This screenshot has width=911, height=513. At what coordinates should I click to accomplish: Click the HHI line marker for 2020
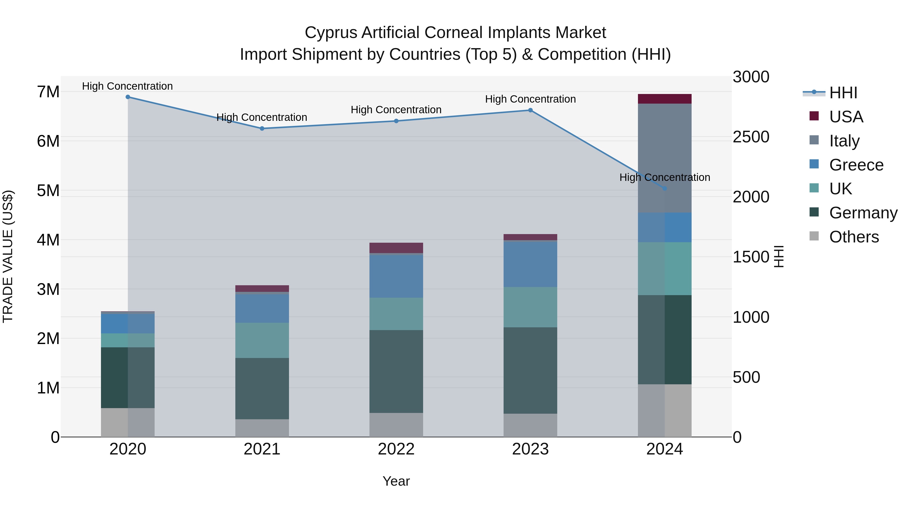tap(128, 97)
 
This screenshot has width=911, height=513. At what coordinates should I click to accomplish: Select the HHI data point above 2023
tap(530, 110)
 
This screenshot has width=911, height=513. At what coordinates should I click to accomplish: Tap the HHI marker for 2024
tap(665, 189)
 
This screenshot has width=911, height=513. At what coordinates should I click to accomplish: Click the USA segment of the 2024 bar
tap(665, 99)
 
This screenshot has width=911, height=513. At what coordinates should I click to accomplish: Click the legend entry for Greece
tap(856, 165)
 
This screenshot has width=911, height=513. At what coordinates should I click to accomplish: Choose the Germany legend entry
tap(863, 213)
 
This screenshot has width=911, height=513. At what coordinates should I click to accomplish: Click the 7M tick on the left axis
tap(48, 92)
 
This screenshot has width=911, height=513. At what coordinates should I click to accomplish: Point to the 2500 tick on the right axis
tap(751, 137)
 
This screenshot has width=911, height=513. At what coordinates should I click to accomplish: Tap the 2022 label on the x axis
tap(396, 449)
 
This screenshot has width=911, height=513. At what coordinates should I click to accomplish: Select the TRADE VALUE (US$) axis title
tap(8, 256)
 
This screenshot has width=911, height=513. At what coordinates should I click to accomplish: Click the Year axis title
tap(396, 481)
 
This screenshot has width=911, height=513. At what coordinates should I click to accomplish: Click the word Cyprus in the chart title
tap(331, 33)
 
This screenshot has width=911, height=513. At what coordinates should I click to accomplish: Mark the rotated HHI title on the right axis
tap(779, 256)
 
